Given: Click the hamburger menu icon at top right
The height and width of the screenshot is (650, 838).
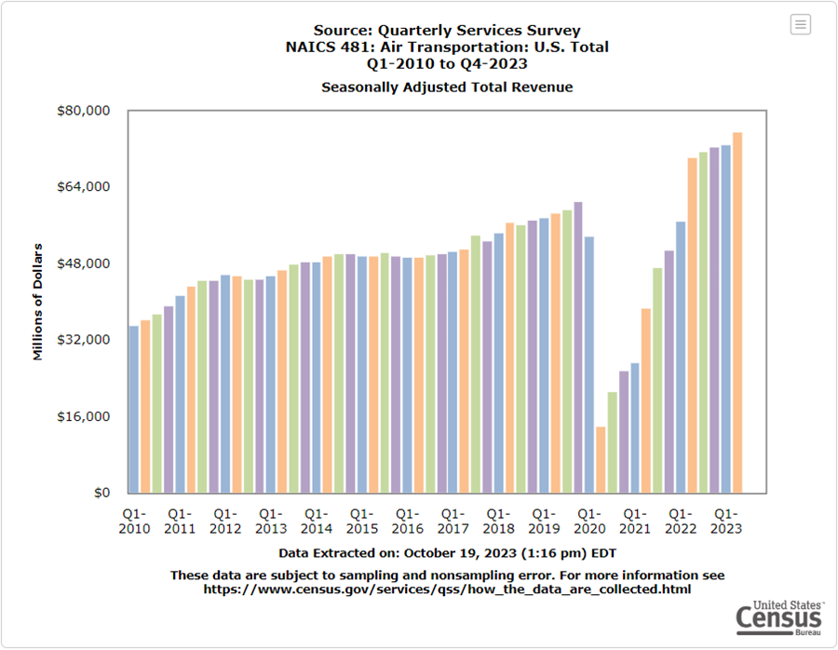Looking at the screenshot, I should tap(801, 25).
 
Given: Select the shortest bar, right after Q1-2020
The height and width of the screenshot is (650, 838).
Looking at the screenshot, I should tap(601, 459).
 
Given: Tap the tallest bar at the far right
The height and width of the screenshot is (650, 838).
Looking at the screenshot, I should tap(737, 312).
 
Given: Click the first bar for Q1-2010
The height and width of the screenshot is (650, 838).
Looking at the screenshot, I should tap(134, 409).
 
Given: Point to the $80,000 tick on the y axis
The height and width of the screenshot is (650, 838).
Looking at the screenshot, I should tap(85, 111).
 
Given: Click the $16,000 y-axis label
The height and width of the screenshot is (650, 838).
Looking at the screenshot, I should tap(85, 416).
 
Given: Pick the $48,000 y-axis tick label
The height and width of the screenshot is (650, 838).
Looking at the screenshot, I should tap(85, 264).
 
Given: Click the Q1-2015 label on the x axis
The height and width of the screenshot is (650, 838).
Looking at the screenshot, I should tap(361, 521).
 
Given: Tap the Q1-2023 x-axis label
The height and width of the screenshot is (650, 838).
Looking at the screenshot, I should tap(725, 521).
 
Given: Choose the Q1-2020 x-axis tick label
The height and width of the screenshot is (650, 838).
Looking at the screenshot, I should tap(589, 521).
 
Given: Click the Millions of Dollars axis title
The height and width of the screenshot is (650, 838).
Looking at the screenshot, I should tap(38, 302).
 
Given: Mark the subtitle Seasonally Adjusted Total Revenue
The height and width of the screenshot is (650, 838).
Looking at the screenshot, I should tap(447, 88).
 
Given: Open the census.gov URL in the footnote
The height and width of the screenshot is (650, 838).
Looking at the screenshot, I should tap(447, 589).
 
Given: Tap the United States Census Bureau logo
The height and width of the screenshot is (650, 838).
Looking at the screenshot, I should tap(778, 616).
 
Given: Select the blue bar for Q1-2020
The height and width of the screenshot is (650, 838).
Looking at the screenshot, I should tap(589, 364).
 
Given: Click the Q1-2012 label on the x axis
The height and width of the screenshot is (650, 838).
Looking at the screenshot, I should tap(224, 521).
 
